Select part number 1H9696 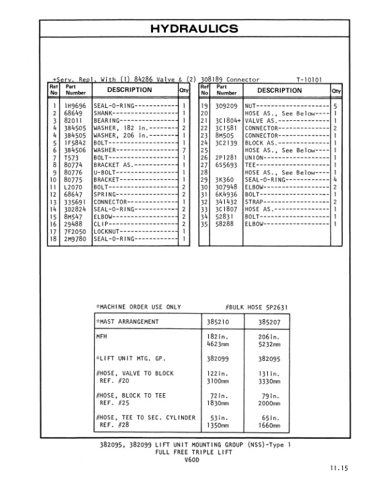[x=75, y=106]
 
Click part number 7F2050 [x=75, y=231]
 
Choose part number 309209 [x=226, y=106]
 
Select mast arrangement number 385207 [x=270, y=322]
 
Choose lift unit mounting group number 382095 [x=270, y=358]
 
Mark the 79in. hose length [x=270, y=396]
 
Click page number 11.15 [x=337, y=469]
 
